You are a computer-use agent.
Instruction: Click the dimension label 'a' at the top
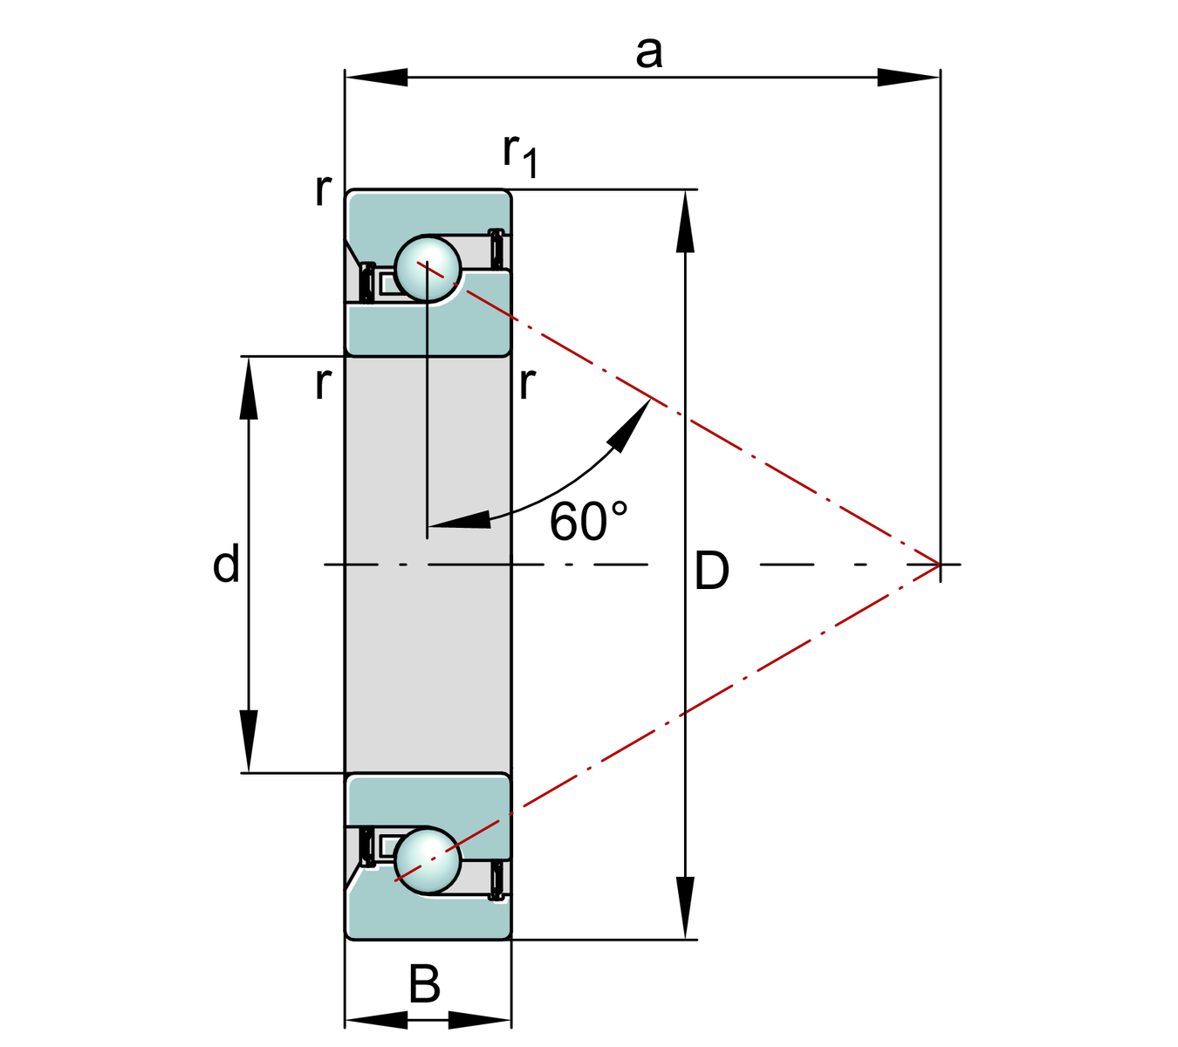pos(648,52)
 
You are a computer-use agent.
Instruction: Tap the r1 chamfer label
pos(520,154)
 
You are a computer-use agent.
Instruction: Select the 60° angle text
pos(588,522)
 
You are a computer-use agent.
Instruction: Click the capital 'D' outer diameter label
pos(711,572)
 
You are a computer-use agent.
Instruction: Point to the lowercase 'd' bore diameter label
pos(226,565)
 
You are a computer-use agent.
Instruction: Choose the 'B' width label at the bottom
pos(425,984)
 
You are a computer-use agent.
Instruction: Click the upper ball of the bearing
pos(428,268)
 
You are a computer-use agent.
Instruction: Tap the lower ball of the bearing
pos(427,860)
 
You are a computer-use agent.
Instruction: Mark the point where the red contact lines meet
pos(939,565)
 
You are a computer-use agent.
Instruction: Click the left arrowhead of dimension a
pos(375,77)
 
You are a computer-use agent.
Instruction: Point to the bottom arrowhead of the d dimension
pos(250,742)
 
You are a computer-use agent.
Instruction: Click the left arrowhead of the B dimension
pos(375,1019)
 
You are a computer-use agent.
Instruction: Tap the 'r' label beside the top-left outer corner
pos(323,188)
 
